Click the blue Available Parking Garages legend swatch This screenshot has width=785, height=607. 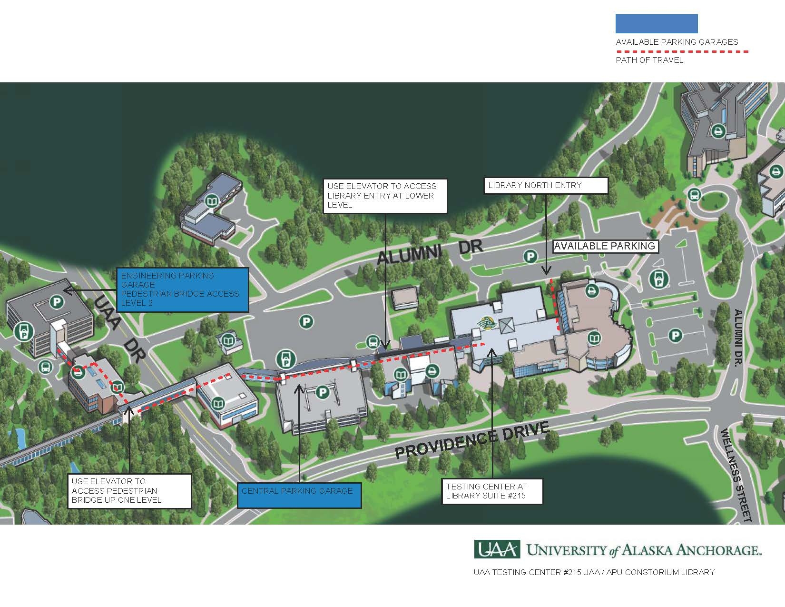tap(657, 24)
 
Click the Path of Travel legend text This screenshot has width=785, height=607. tap(649, 60)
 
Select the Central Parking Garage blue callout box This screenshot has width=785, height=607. tap(299, 495)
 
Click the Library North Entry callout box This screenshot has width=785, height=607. tap(546, 186)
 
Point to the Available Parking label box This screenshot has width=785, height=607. tap(605, 246)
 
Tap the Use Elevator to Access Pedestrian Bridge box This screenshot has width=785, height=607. tap(129, 491)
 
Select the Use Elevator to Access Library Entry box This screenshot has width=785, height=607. tap(385, 196)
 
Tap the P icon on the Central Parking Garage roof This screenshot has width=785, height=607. tap(323, 392)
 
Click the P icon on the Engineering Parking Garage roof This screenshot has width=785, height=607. tap(57, 301)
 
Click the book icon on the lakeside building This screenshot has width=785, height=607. tap(211, 202)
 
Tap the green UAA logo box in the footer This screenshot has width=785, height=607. tap(497, 550)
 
